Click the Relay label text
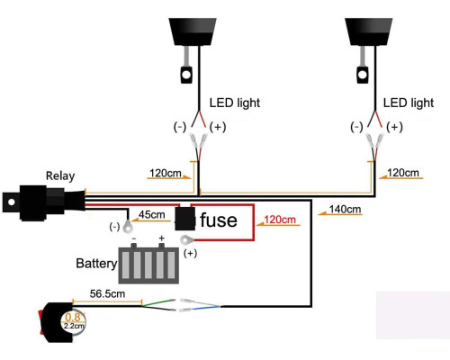pyautogui.click(x=60, y=176)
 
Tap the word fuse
pyautogui.click(x=219, y=220)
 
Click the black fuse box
pyautogui.click(x=185, y=219)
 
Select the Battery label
pyautogui.click(x=96, y=264)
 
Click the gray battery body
pyautogui.click(x=148, y=265)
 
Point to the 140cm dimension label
pyautogui.click(x=345, y=209)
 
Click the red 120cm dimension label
pyautogui.click(x=280, y=220)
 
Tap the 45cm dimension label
pyautogui.click(x=152, y=215)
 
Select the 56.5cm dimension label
pyautogui.click(x=107, y=293)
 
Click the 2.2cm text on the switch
pyautogui.click(x=74, y=326)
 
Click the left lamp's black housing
pyautogui.click(x=193, y=31)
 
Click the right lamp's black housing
pyautogui.click(x=369, y=31)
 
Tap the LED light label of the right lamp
pyautogui.click(x=409, y=103)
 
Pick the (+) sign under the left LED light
pyautogui.click(x=218, y=127)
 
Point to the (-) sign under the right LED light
pyautogui.click(x=356, y=127)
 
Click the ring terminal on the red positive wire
pyautogui.click(x=187, y=240)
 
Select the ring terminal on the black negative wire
pyautogui.click(x=128, y=226)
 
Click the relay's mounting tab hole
pyautogui.click(x=12, y=202)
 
